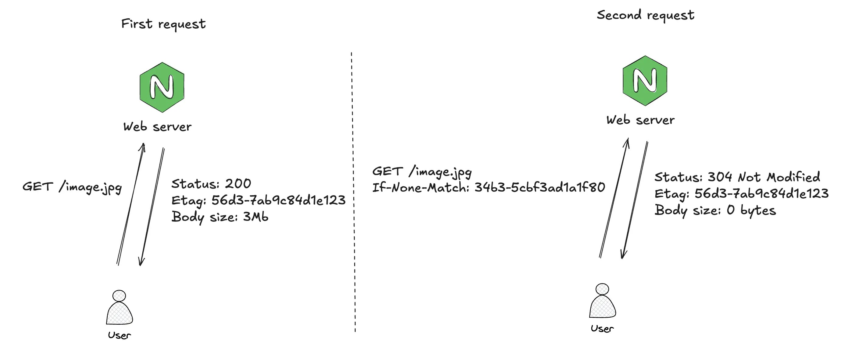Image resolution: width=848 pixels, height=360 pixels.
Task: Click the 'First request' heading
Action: (163, 24)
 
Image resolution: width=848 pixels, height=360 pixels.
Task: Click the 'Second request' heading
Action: (645, 15)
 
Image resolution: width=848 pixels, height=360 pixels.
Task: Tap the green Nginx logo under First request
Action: (162, 87)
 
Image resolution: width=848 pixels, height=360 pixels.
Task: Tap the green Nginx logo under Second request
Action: (645, 81)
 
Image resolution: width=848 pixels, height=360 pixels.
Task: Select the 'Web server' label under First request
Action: (157, 127)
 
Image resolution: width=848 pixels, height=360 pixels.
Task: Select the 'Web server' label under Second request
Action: (640, 120)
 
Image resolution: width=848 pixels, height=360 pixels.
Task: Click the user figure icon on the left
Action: (119, 308)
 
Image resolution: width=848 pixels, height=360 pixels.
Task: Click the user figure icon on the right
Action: (602, 302)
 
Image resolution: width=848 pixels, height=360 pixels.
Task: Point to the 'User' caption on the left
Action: (119, 335)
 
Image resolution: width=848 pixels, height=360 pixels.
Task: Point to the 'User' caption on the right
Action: (602, 328)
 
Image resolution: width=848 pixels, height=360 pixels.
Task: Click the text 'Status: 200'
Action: (211, 184)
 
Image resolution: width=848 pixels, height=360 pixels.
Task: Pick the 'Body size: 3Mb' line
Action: (219, 217)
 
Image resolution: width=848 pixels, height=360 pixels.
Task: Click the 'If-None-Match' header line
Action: (488, 188)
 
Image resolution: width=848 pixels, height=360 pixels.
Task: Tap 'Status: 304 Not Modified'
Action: (737, 177)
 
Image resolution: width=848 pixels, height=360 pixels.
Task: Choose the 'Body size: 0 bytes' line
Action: (715, 210)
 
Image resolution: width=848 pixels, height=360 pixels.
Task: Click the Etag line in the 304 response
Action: (741, 193)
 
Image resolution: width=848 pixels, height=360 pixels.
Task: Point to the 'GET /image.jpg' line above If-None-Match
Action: (422, 171)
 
